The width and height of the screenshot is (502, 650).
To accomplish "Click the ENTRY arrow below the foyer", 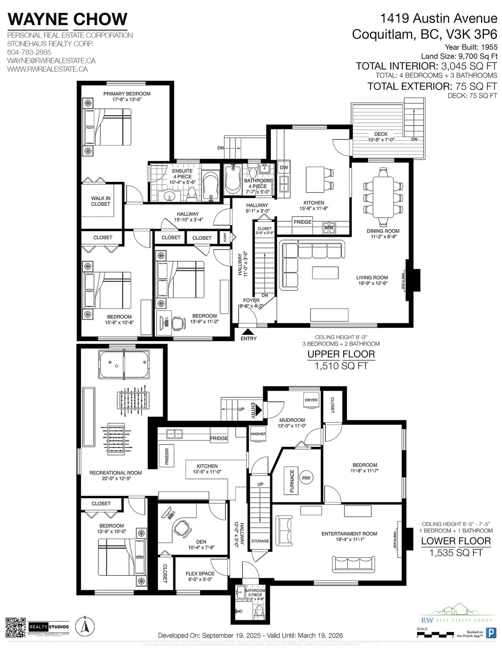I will (x=248, y=331).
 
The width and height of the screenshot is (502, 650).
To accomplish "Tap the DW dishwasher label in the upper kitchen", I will (x=284, y=168).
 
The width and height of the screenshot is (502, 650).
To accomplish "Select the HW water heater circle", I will (x=306, y=478).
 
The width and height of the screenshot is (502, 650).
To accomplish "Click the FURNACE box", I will (x=292, y=480).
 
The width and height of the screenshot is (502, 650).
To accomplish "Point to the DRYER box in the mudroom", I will (x=311, y=400).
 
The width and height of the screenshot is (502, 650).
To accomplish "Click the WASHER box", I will (x=258, y=434).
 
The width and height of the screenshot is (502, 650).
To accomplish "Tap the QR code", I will (x=15, y=627).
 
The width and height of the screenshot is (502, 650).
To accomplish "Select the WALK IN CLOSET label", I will (x=100, y=201).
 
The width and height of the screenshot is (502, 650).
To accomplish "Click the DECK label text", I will (x=381, y=134).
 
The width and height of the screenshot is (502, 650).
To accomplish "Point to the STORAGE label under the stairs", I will (x=260, y=541).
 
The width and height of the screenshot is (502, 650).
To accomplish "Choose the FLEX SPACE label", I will (x=200, y=574).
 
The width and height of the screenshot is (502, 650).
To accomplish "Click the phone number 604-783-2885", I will (x=29, y=52).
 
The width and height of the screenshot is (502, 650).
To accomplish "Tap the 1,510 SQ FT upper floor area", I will (x=341, y=366).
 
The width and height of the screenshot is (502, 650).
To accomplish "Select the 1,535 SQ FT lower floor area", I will (x=456, y=553).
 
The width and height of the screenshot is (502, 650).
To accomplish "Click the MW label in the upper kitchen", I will (x=329, y=227).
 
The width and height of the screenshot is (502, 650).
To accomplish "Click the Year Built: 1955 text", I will (x=471, y=47).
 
